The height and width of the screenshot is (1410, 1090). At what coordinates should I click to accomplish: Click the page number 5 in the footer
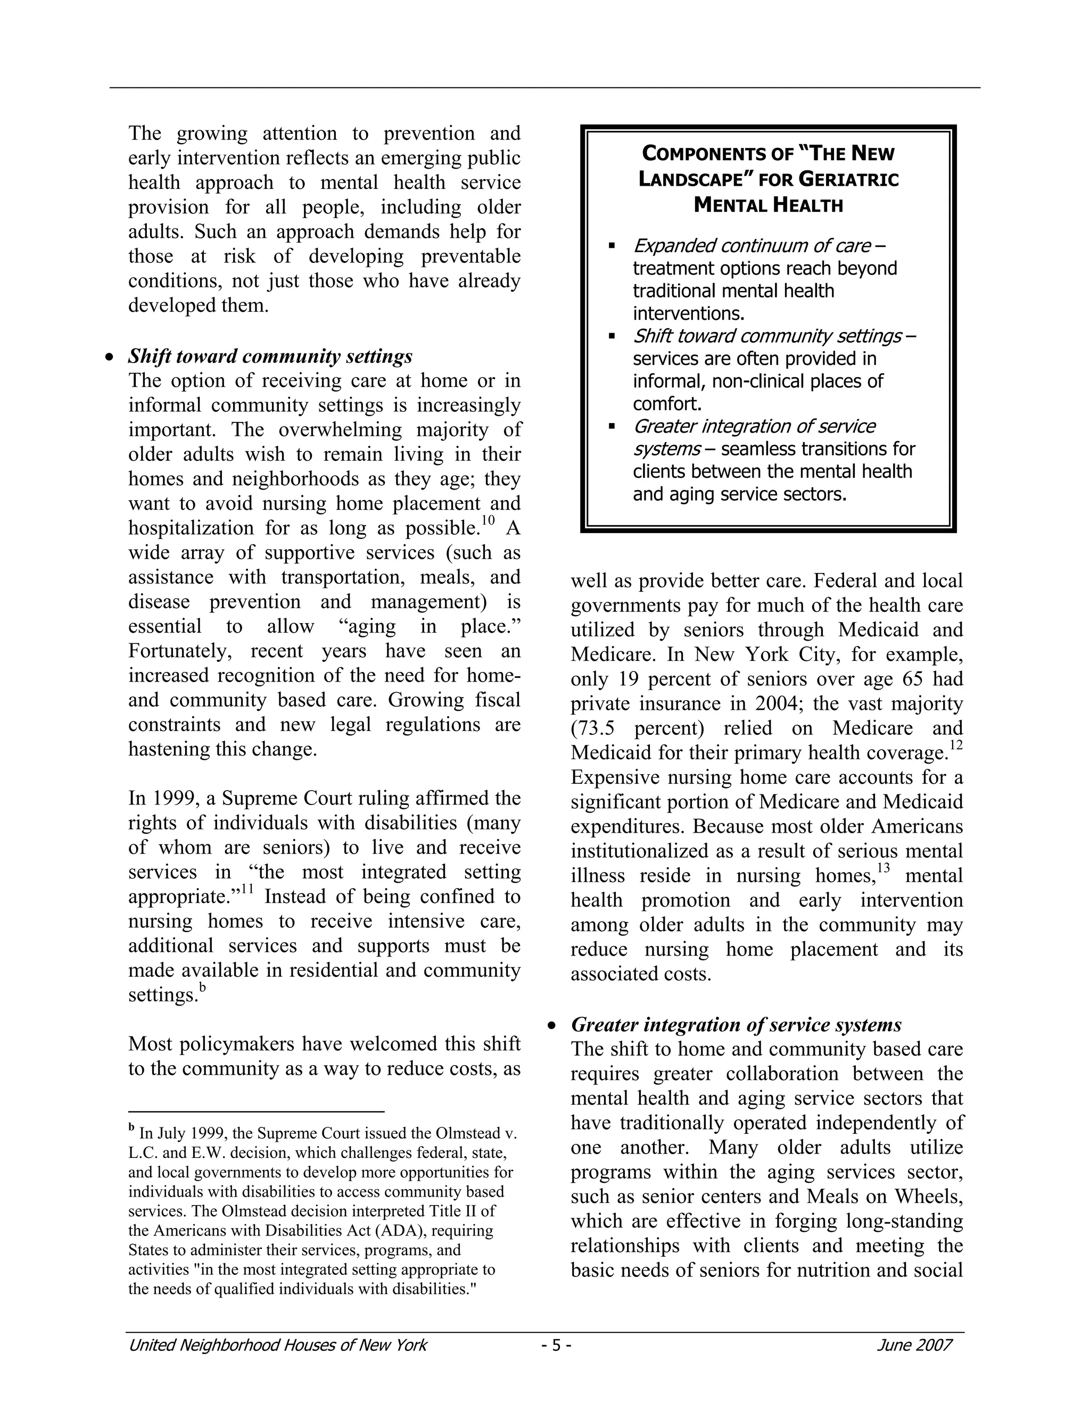[x=556, y=1345]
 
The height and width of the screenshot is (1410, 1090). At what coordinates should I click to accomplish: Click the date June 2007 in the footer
[x=914, y=1345]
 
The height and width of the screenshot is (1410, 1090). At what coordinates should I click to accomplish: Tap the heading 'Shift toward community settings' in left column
[x=270, y=356]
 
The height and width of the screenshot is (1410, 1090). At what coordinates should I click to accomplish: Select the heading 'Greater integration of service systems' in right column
[x=736, y=1025]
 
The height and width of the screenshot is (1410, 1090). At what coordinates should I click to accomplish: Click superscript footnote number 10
[x=488, y=521]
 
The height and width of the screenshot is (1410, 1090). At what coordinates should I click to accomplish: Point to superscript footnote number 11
[x=247, y=890]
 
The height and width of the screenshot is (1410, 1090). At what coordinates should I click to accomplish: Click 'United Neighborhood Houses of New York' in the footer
[x=278, y=1345]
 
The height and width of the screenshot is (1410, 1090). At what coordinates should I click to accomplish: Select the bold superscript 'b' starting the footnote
[x=132, y=1129]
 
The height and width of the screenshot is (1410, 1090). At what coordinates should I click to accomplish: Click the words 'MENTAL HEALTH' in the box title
[x=768, y=206]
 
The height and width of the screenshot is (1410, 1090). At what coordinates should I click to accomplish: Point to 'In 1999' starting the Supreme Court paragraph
[x=163, y=799]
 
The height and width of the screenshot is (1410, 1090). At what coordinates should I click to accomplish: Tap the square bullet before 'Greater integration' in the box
[x=612, y=427]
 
